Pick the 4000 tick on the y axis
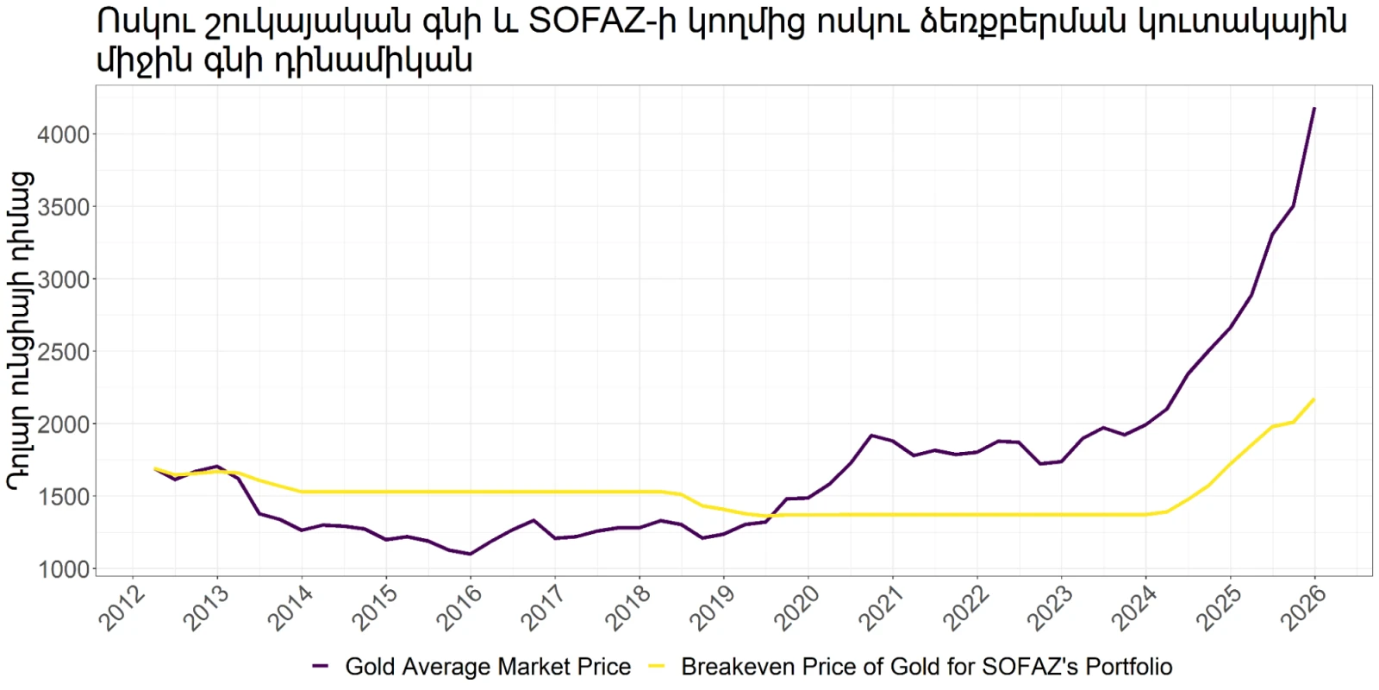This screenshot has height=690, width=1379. coord(64,135)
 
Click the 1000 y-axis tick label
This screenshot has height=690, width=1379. coord(64,569)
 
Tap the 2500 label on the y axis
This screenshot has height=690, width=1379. coord(64,352)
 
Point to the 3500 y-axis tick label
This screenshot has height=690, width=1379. coord(64,207)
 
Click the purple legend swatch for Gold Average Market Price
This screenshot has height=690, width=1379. coord(320,666)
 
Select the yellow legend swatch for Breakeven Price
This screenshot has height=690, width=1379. coord(658,666)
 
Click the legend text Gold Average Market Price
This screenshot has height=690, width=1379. coord(488,667)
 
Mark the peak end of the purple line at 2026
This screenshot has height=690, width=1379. coord(1314,109)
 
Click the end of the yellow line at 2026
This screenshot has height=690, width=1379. coord(1314,399)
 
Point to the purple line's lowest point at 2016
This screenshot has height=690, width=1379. coord(471,554)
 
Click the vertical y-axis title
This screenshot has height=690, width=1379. coord(21,331)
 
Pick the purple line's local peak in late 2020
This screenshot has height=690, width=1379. coord(871,436)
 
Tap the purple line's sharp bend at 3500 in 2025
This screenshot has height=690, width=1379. coord(1293,206)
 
